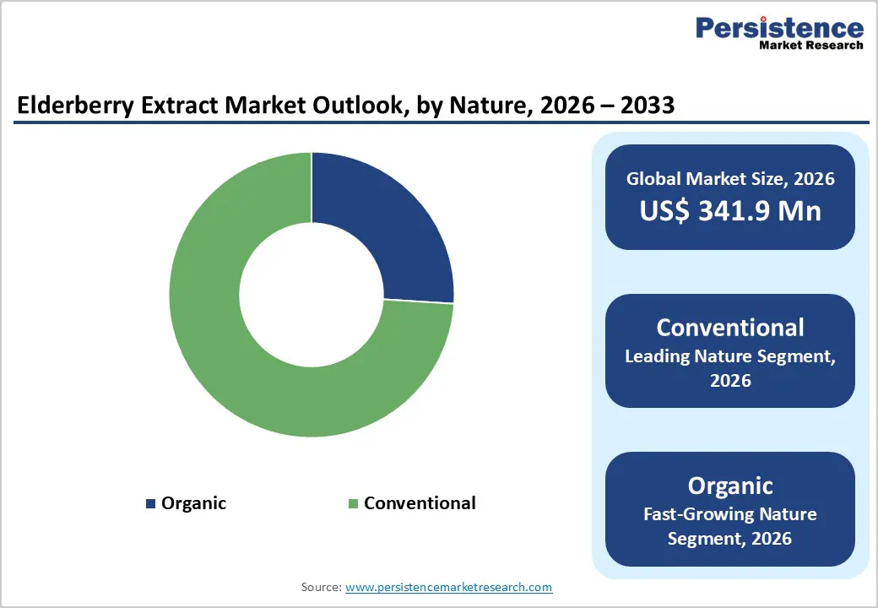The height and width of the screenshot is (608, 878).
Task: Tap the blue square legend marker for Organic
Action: point(151,503)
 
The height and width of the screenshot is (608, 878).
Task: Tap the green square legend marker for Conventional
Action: point(354,503)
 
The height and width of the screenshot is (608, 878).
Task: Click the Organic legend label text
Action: point(193,503)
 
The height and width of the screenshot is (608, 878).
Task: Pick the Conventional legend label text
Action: point(420,503)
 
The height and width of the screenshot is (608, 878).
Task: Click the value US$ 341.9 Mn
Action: point(730,210)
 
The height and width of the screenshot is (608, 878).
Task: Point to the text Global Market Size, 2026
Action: point(730,178)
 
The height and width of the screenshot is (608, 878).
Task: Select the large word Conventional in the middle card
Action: point(730,327)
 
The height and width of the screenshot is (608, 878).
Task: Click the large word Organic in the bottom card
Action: point(730,486)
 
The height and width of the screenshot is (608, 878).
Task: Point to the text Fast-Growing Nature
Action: point(730,513)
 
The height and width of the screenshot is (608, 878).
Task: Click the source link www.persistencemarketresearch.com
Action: point(448,586)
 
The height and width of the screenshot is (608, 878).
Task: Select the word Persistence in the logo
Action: point(779,27)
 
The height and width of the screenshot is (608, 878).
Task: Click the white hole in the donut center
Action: point(312,295)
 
